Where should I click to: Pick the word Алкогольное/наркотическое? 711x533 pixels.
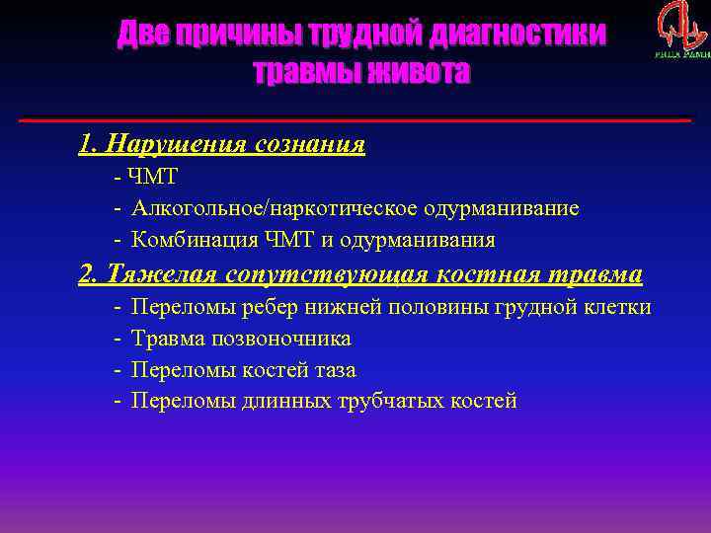point(276,209)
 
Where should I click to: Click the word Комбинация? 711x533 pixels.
point(197,240)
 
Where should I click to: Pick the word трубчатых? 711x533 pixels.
point(378,401)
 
